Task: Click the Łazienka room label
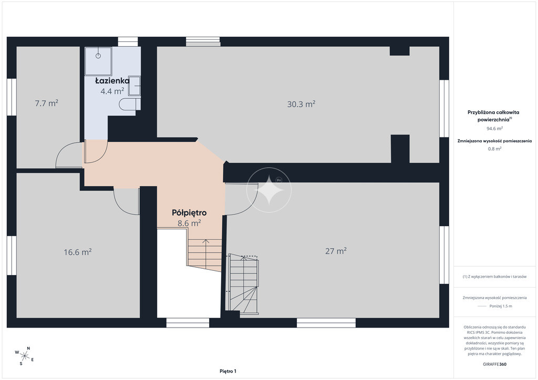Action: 112,81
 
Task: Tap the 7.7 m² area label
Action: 47,103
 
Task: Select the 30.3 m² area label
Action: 301,104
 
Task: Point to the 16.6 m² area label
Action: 78,252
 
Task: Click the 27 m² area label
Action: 336,251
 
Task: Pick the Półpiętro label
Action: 189,213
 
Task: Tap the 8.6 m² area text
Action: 189,224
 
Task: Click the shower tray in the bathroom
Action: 98,61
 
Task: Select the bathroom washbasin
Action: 134,86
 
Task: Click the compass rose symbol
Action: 24,356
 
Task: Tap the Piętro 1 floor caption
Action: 228,371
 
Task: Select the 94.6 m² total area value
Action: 495,129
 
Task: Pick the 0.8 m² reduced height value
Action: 495,149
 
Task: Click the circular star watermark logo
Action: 269,190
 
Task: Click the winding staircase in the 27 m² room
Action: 243,284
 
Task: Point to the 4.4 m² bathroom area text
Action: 112,91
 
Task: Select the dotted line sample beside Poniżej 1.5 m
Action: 482,306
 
